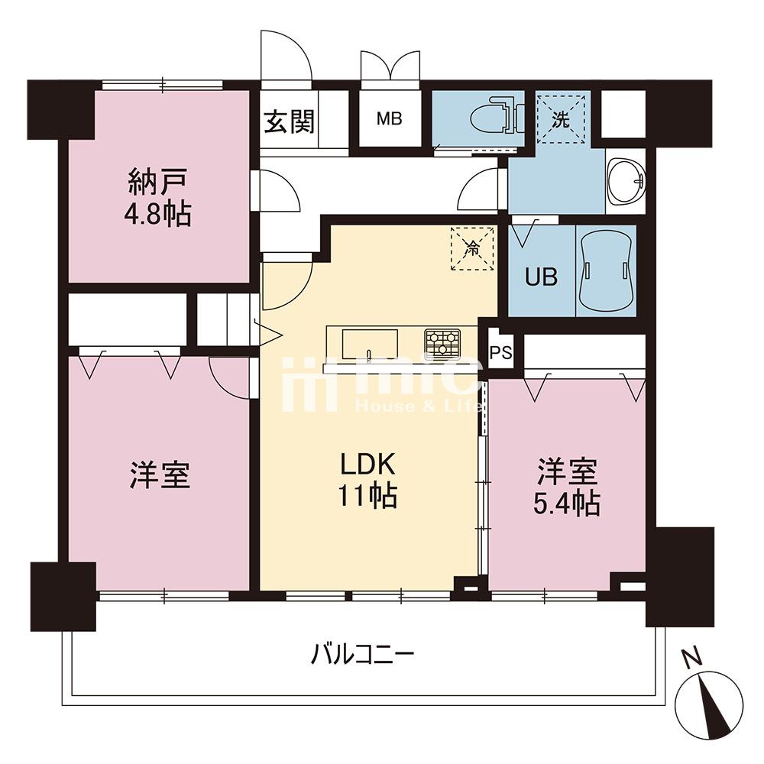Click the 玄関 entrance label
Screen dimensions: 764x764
(x=289, y=121)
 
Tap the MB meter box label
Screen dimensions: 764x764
(x=390, y=118)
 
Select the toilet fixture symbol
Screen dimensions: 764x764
(x=497, y=118)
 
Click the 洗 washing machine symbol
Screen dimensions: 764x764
(x=560, y=119)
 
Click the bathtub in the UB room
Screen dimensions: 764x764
(x=606, y=270)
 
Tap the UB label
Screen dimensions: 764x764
(x=542, y=277)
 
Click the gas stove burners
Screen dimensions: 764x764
(x=442, y=342)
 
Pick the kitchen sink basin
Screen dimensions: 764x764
(x=370, y=345)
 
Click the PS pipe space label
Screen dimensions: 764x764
(x=501, y=352)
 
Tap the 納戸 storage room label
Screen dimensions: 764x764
(x=157, y=182)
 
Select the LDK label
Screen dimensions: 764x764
(x=367, y=465)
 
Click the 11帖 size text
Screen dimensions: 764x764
(x=367, y=496)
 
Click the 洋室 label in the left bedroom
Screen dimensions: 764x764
(x=160, y=474)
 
